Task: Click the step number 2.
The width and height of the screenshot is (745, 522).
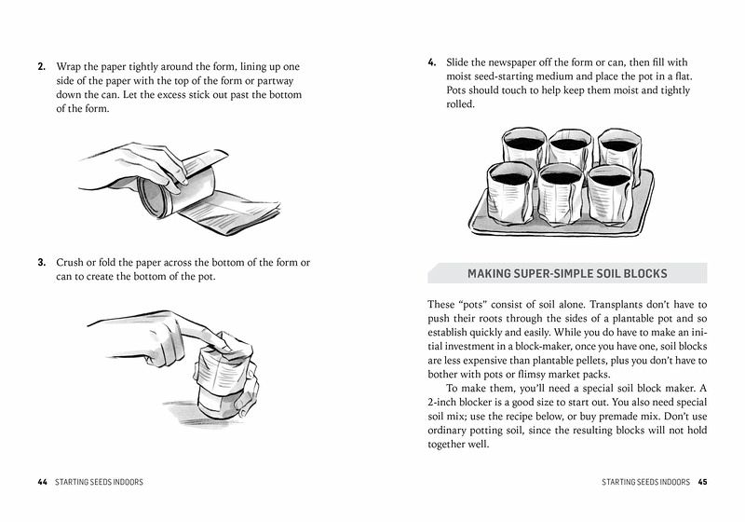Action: click(x=42, y=68)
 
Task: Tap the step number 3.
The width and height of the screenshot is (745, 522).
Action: click(x=42, y=263)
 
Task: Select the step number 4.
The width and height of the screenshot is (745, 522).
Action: click(x=432, y=62)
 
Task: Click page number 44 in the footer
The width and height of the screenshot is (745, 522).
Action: click(x=42, y=482)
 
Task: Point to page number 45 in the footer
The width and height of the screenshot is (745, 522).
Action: click(x=703, y=482)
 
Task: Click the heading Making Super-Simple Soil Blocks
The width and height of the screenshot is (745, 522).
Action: click(x=567, y=273)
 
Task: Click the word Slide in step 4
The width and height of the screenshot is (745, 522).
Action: click(x=461, y=62)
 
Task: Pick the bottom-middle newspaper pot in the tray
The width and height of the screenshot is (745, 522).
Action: click(x=561, y=190)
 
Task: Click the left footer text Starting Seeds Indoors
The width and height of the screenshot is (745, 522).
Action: click(x=100, y=482)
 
